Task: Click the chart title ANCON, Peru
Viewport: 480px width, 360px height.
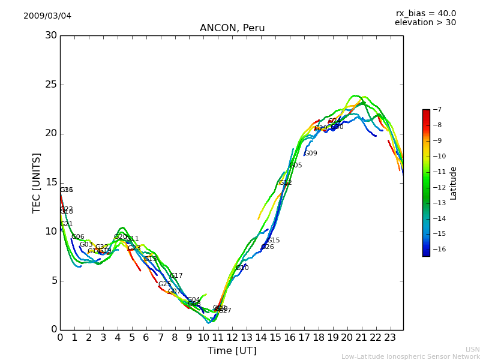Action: tap(232, 28)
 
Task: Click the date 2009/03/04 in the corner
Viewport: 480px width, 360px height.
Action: tap(47, 16)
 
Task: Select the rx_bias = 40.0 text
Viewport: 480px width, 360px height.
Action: tap(425, 13)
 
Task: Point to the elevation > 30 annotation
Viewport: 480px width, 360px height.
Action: tap(425, 23)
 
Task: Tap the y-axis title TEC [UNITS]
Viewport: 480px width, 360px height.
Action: tap(37, 182)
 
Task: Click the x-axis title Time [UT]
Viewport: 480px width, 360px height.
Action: tap(232, 351)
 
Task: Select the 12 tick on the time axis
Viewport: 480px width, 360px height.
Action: tap(232, 337)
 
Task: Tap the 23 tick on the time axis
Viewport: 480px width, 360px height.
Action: tap(390, 337)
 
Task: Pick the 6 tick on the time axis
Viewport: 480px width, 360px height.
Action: tap(146, 337)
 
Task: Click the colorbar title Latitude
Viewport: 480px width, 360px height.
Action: tap(454, 183)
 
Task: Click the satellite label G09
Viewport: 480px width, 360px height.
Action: tap(311, 154)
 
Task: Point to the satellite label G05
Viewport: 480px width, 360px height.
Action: tap(296, 166)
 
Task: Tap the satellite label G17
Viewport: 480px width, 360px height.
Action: tap(176, 276)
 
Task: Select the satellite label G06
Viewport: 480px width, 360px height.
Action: tap(78, 237)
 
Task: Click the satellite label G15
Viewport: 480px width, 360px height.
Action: tap(274, 241)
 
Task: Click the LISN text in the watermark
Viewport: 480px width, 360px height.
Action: tap(472, 349)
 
